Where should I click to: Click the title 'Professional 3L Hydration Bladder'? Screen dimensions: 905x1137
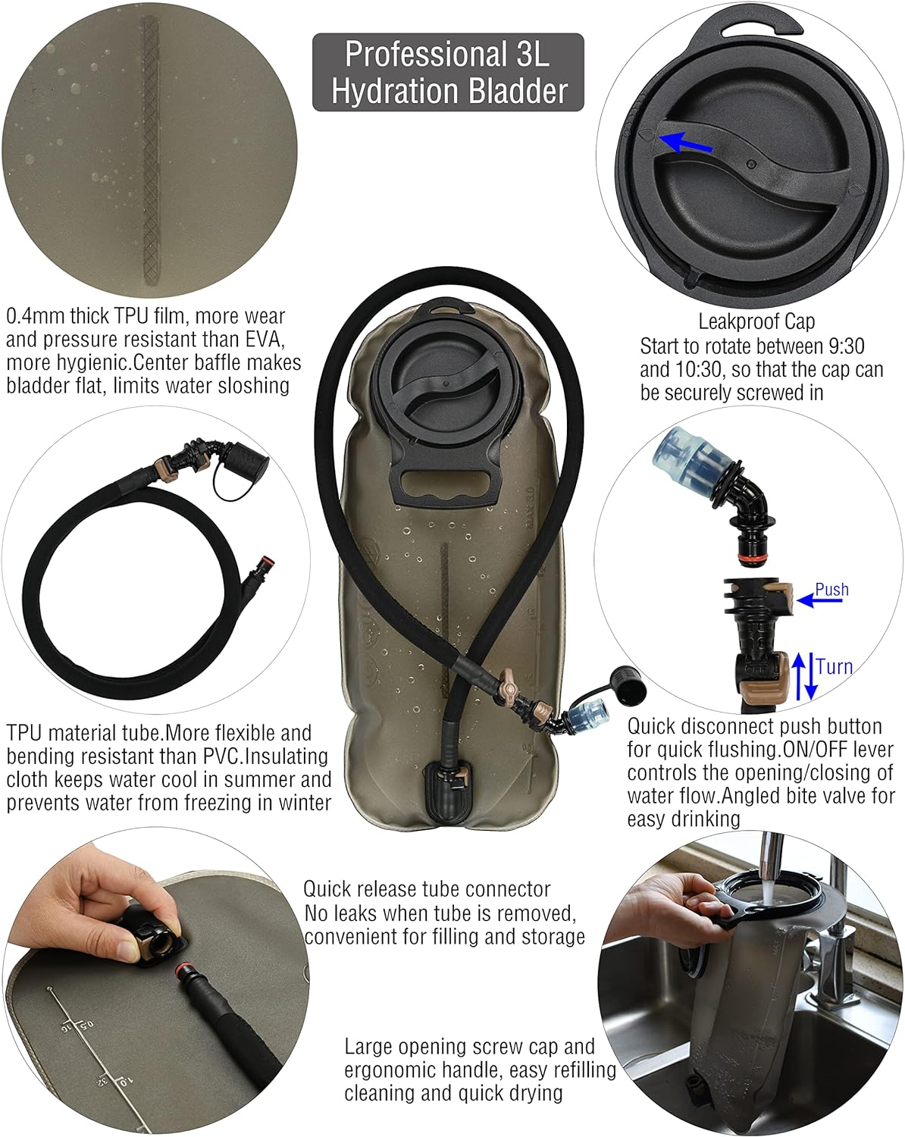tap(449, 72)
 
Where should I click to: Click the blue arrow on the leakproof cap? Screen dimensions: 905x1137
tap(686, 143)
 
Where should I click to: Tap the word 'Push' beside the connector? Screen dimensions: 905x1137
tap(831, 589)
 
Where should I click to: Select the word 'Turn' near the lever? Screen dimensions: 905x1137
tap(834, 667)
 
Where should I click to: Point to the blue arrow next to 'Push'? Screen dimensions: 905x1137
tap(819, 600)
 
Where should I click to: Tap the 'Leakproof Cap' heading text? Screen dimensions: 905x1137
tap(756, 321)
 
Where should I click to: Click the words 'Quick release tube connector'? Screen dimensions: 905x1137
tap(426, 889)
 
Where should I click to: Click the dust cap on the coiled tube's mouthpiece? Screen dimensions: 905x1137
tap(248, 461)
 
